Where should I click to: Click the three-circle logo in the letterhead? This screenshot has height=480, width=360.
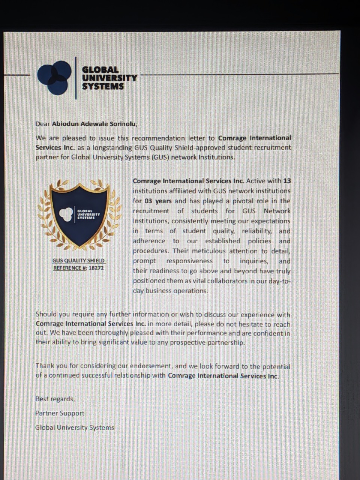pos(54,78)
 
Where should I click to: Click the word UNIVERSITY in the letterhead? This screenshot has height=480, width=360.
pos(109,78)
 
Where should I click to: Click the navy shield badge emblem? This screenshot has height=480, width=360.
pos(79,215)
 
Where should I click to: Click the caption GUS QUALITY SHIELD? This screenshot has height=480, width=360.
pos(79,260)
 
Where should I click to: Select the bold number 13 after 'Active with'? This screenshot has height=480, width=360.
pos(287,181)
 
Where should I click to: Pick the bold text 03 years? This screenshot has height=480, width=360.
pos(158,201)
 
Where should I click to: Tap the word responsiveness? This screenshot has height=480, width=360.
pos(189,261)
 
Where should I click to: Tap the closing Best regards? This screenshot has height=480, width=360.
pos(55,399)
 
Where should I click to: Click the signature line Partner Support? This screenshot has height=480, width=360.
pos(60,413)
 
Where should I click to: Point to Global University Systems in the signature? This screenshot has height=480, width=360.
pos(75,427)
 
